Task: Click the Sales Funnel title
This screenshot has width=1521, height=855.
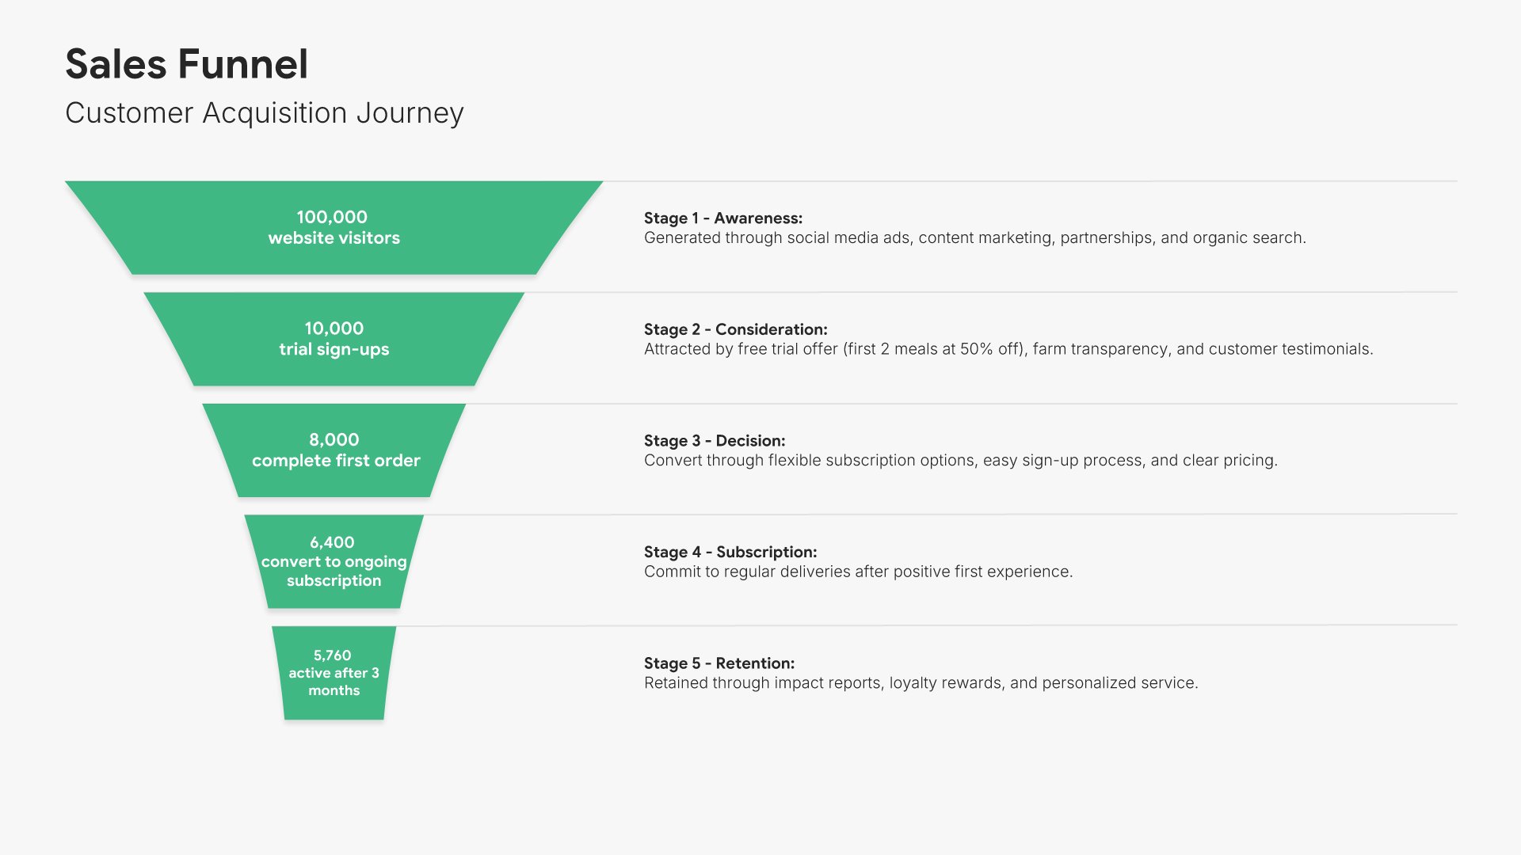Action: [x=186, y=64]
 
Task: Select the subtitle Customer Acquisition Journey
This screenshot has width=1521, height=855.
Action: [x=264, y=113]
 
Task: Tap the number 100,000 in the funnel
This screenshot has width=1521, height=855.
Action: [x=332, y=217]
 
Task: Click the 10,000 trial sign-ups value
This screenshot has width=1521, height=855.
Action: [x=334, y=329]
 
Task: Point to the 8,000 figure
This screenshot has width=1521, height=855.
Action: [x=334, y=440]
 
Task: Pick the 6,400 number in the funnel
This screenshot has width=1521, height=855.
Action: [x=332, y=542]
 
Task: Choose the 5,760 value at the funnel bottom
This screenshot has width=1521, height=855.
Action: [x=332, y=655]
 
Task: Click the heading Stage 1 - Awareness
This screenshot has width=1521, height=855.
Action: [x=722, y=218]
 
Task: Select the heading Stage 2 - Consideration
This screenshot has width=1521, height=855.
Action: [x=735, y=329]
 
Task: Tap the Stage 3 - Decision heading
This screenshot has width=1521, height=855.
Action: [x=714, y=441]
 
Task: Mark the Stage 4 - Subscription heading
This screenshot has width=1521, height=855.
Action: [x=730, y=552]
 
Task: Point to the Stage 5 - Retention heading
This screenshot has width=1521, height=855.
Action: [x=719, y=663]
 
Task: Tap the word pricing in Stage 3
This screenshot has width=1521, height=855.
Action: [x=1250, y=461]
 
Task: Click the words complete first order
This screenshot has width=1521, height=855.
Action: [x=336, y=461]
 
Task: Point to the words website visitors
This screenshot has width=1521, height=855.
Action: [x=334, y=238]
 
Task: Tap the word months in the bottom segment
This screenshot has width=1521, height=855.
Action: [x=334, y=690]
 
